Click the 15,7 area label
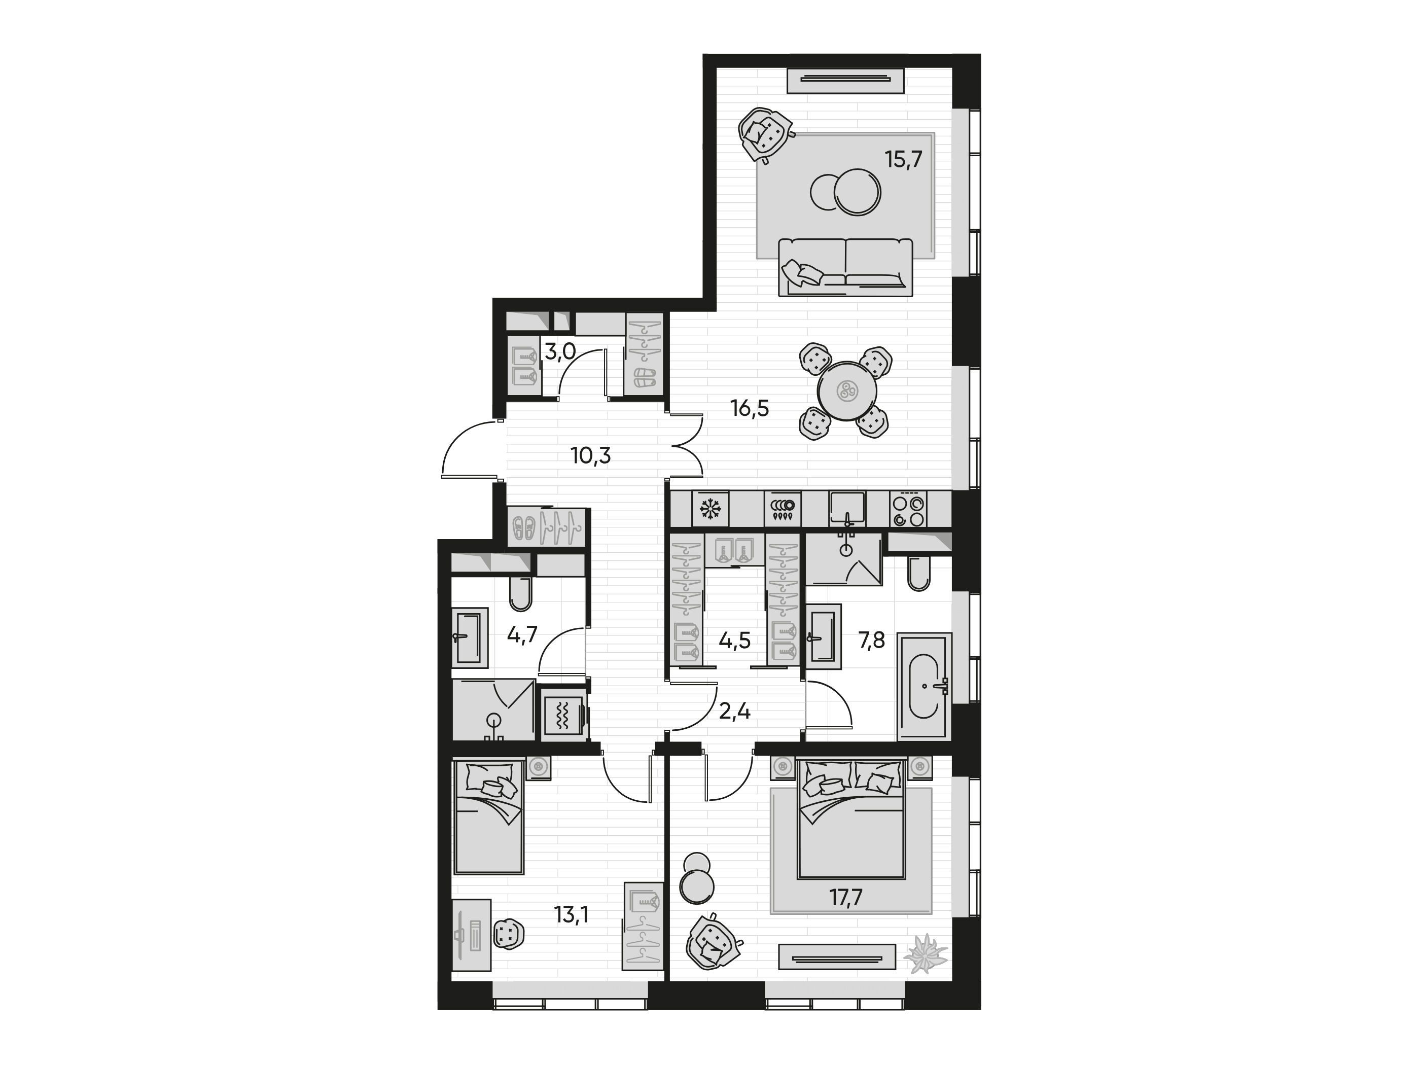[x=903, y=159]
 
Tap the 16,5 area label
[x=750, y=408]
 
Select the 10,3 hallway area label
[x=591, y=456]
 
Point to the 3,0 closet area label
[x=560, y=352]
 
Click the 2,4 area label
[x=734, y=712]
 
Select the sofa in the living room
[x=845, y=267]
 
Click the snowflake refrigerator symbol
[x=709, y=510]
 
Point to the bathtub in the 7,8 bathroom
[x=925, y=686]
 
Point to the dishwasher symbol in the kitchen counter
[x=783, y=510]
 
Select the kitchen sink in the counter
[x=847, y=510]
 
